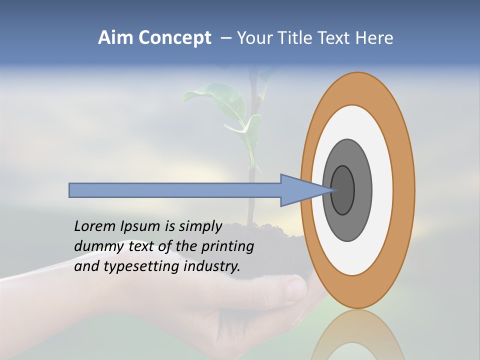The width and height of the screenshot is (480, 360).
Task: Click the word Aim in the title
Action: [x=115, y=38]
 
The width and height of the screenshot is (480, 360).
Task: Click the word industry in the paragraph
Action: [x=212, y=266]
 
